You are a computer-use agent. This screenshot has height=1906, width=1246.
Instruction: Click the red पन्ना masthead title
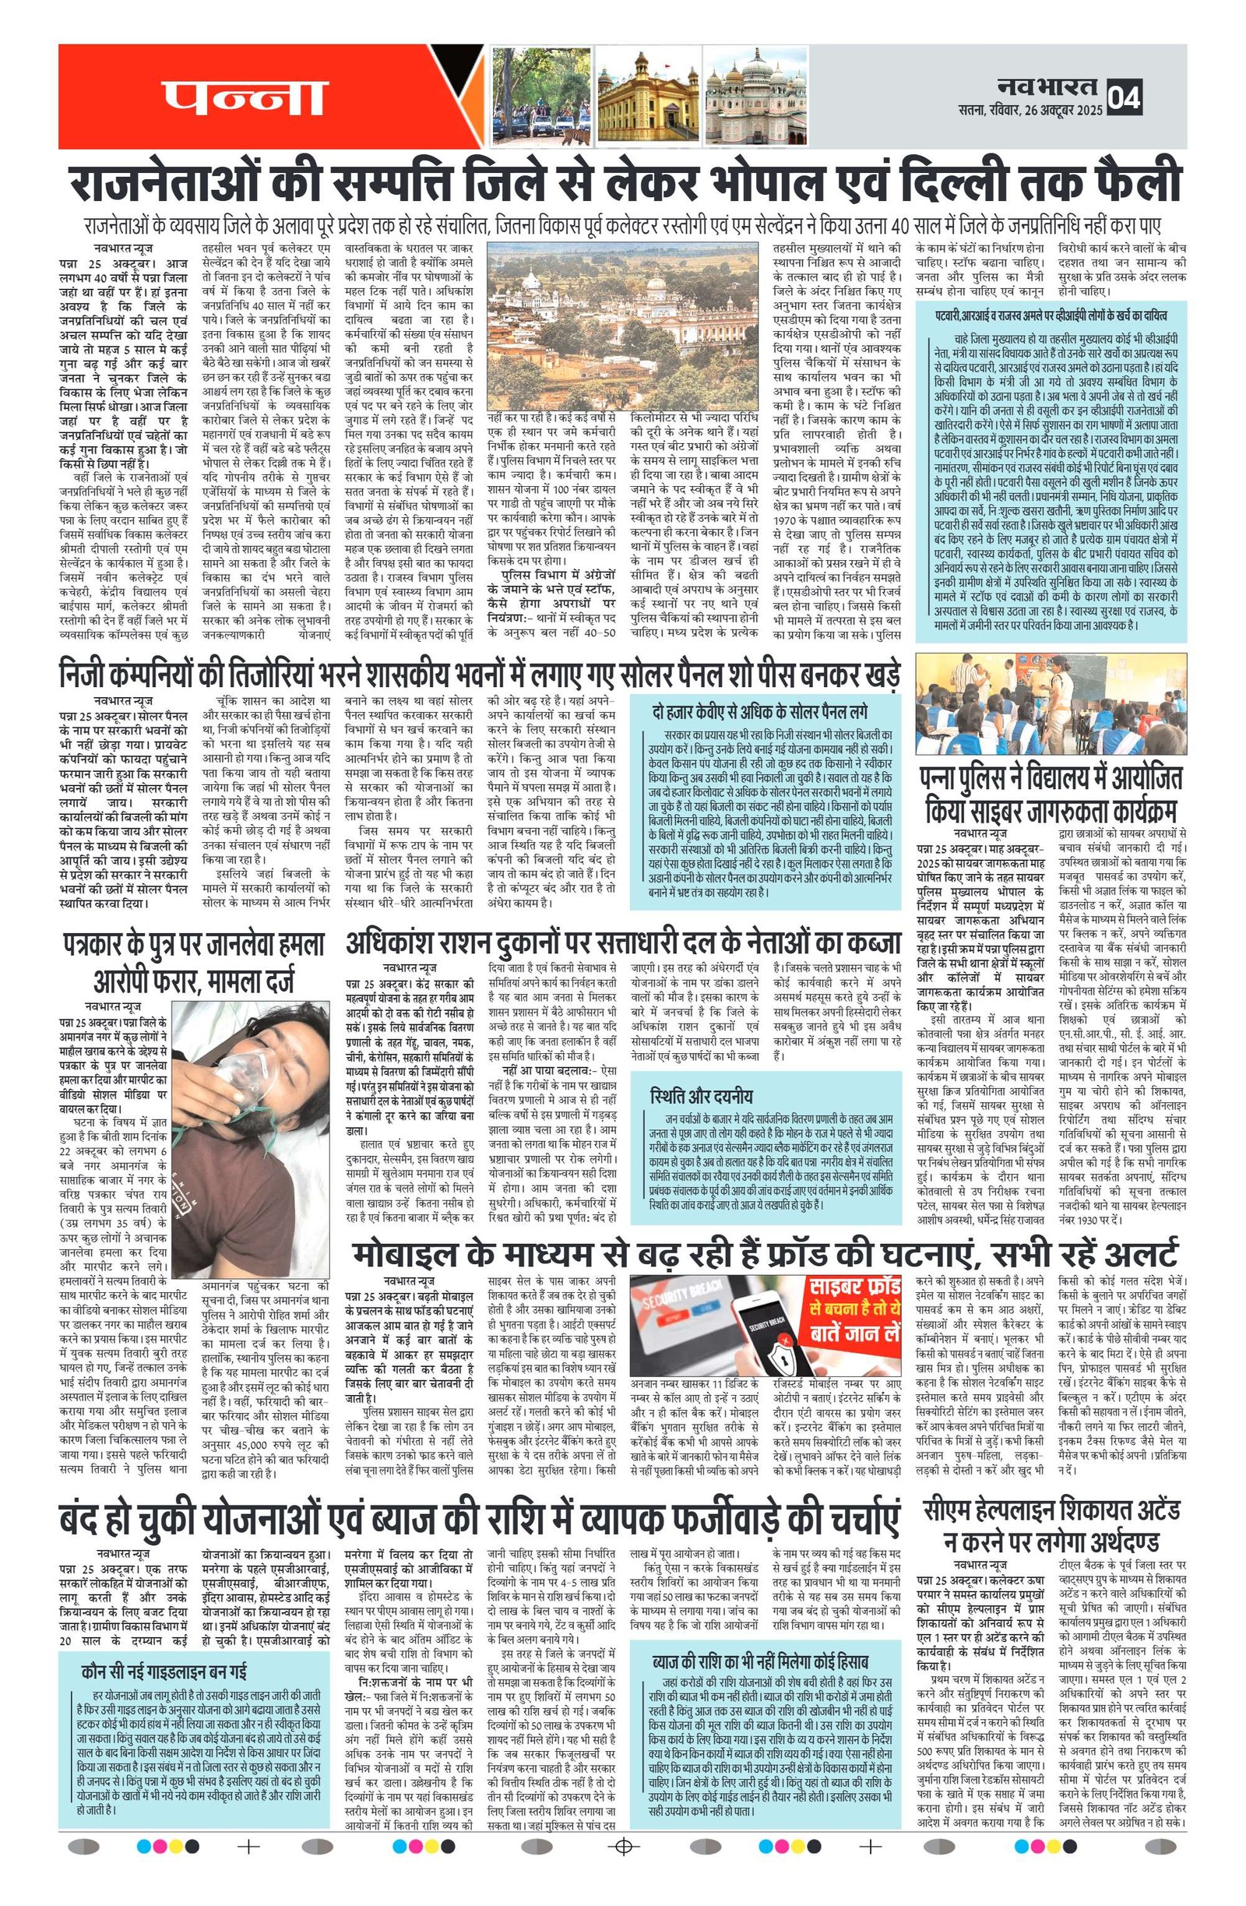click(245, 97)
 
